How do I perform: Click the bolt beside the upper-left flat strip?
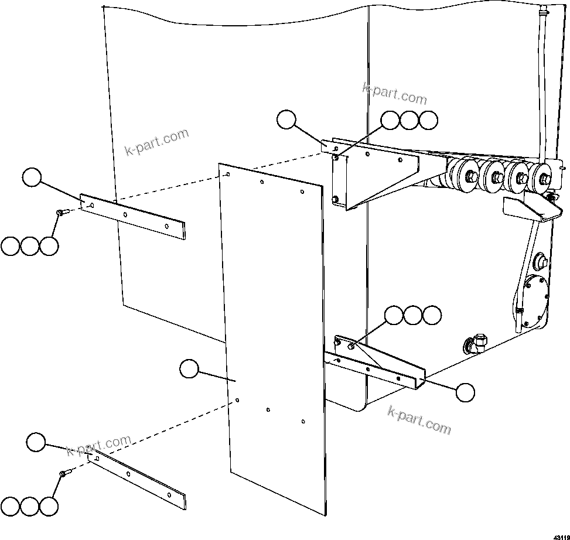pos(61,213)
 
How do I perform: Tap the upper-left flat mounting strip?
pos(132,216)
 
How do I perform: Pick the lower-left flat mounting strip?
pos(138,476)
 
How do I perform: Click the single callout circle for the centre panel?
pos(189,369)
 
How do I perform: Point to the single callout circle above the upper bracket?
pos(286,119)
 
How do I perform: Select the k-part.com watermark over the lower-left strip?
pos(99,446)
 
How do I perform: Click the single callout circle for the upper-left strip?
pos(33,176)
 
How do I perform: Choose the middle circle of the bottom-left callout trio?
pos(29,507)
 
